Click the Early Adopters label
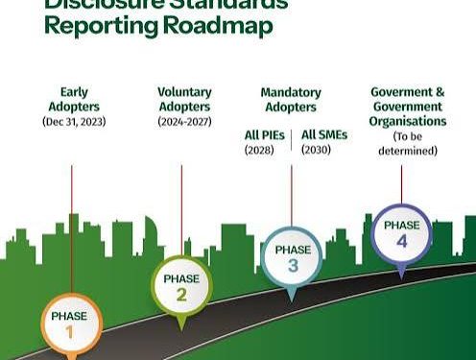(72, 99)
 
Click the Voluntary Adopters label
(184, 99)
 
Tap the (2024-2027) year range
(184, 122)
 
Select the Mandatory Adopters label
(291, 99)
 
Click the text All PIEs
(265, 135)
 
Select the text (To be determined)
(408, 143)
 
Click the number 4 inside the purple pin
(401, 241)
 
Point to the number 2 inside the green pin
(180, 295)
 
